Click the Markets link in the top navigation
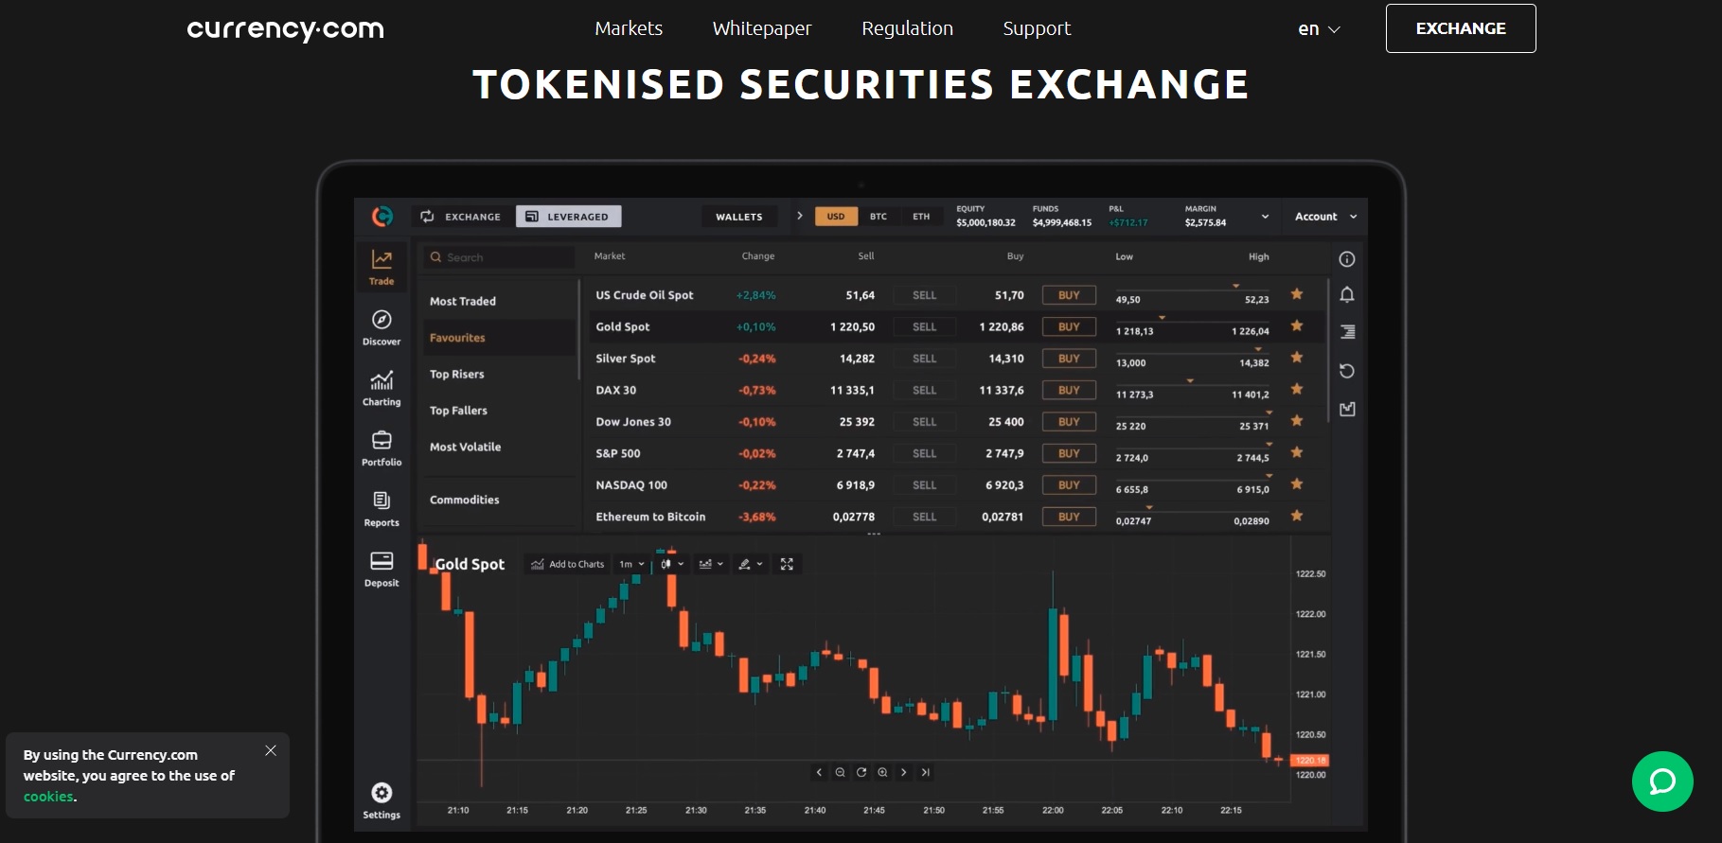coord(629,28)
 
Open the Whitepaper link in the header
coord(761,28)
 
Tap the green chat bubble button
coord(1662,782)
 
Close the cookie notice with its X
coord(271,750)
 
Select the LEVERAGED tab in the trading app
coord(568,217)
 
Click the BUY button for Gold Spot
coord(1069,327)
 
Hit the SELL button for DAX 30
coord(924,391)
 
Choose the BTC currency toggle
coord(879,217)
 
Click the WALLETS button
coord(738,217)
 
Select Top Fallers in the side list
coord(458,411)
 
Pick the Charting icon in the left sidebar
coord(382,387)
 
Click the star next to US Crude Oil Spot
coord(1297,294)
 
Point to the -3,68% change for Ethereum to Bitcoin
coord(756,518)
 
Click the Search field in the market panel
coord(500,257)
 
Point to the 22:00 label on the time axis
coord(1053,811)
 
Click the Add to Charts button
coord(567,565)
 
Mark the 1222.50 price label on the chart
coord(1310,574)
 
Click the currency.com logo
coord(285,29)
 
